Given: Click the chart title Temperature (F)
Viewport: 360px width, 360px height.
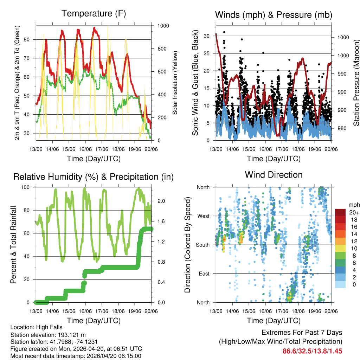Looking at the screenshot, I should click(x=94, y=14).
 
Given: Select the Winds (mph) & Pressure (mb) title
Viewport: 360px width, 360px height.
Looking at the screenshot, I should click(x=274, y=15).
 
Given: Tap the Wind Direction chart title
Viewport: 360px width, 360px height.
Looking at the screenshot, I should click(x=274, y=175).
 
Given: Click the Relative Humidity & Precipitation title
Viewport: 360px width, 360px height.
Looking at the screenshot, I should click(x=94, y=177).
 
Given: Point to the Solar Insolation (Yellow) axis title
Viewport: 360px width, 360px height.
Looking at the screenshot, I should click(x=175, y=83).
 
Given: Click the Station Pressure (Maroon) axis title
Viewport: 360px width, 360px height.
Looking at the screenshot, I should click(x=356, y=83).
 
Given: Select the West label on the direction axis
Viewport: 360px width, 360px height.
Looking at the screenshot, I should click(x=203, y=216).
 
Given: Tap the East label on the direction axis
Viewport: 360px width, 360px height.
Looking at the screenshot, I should click(x=204, y=274).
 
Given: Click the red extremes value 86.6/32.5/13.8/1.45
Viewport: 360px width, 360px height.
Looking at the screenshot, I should click(x=312, y=351).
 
